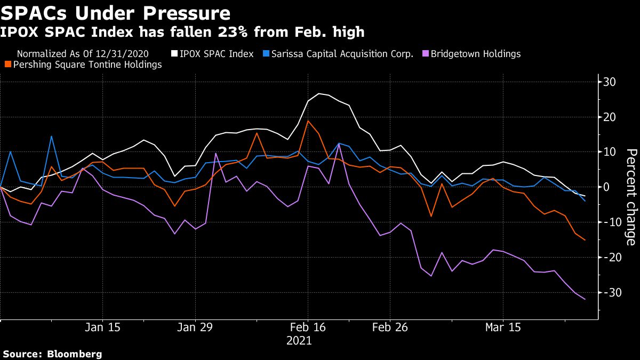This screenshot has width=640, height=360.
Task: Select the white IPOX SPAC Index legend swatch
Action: click(x=174, y=54)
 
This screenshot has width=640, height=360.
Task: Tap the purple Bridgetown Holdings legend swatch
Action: click(x=425, y=54)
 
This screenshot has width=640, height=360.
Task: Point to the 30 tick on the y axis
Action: click(x=610, y=82)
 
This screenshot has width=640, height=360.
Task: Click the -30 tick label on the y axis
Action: click(x=607, y=292)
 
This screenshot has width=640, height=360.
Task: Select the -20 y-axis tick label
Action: click(x=607, y=257)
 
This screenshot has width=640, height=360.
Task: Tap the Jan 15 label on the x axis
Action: click(x=103, y=326)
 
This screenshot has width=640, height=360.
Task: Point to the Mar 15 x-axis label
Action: click(x=503, y=326)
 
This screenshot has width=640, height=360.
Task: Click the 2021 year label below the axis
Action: click(x=300, y=340)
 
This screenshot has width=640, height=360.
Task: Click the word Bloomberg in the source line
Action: click(x=75, y=354)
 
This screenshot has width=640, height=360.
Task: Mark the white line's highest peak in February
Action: click(x=319, y=94)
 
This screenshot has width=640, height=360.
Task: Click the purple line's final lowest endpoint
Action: click(x=585, y=299)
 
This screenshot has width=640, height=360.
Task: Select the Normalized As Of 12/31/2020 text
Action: click(x=83, y=54)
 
